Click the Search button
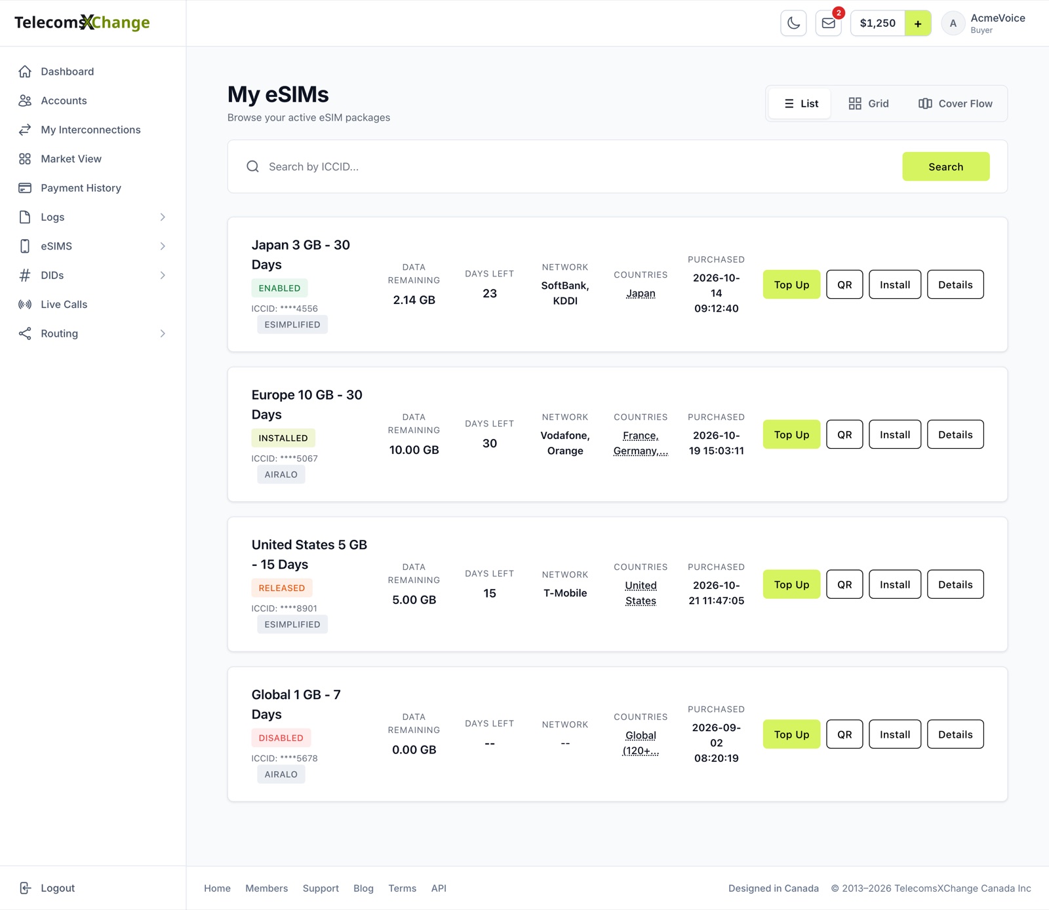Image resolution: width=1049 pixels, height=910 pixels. pos(945,166)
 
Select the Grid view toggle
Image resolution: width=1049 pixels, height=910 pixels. pos(869,104)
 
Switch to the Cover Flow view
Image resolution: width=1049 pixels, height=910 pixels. pos(955,104)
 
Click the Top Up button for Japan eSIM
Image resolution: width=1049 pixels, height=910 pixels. pos(791,284)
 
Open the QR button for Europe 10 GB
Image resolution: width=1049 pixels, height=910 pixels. pos(844,434)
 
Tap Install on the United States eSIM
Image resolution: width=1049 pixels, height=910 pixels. pos(895,584)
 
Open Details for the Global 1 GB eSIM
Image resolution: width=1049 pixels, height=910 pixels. pos(955,734)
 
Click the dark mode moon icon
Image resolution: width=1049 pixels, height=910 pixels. pos(793,23)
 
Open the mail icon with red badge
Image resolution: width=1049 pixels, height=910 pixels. pos(829,23)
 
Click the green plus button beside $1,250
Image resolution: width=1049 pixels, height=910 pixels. pos(918,23)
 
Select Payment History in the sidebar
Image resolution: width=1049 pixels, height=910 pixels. pos(81,188)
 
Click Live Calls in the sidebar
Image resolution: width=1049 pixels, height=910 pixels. pos(64,305)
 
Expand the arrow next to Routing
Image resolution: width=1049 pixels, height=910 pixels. pos(163,333)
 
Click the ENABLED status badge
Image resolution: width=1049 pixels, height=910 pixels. pos(279,288)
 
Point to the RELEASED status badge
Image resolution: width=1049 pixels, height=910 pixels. pos(282,588)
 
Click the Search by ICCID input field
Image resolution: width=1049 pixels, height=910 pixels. pos(577,166)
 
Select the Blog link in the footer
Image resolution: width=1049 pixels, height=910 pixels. pos(363,888)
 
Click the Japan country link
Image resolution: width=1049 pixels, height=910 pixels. pos(641,294)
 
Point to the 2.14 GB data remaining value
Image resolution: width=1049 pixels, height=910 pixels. pos(414,300)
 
